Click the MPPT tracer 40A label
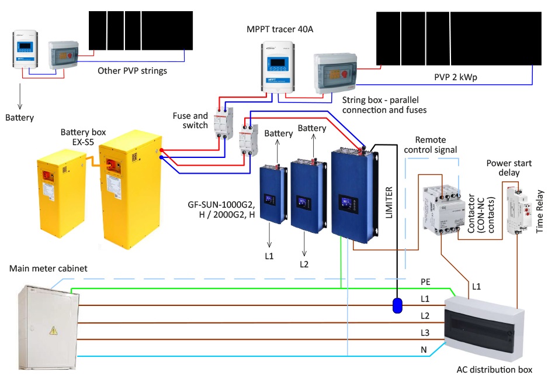(x=280, y=29)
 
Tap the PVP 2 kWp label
(x=455, y=77)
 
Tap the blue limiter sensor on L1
(x=397, y=305)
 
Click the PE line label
(x=425, y=282)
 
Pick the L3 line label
(x=425, y=332)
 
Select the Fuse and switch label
(x=190, y=121)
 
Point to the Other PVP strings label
(x=133, y=71)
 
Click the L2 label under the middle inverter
(x=304, y=264)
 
